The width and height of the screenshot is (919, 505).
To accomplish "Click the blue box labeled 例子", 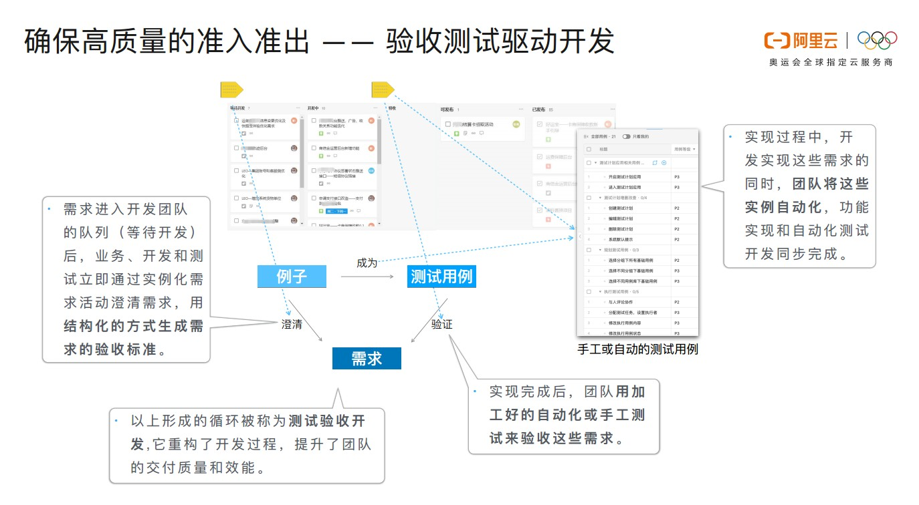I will (292, 277).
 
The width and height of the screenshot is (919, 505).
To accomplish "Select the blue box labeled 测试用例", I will (441, 277).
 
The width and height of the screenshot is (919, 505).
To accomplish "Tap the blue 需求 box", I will (367, 359).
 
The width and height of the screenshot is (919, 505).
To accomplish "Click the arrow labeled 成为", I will (367, 274).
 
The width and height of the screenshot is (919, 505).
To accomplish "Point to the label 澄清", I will (292, 324).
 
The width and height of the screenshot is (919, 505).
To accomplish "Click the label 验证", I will (441, 324).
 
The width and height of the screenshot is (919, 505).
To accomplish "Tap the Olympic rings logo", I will (877, 41).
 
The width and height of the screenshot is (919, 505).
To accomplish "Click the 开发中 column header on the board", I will (314, 108).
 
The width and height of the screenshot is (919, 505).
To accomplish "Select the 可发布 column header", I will (447, 109).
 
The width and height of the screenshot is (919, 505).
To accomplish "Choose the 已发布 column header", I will (538, 109).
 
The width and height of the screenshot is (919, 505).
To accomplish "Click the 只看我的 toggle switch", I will (627, 136).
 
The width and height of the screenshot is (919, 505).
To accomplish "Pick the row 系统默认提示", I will (619, 239).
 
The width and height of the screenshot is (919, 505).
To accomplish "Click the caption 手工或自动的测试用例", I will (637, 349).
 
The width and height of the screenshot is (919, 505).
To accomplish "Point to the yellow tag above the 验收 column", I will (382, 90).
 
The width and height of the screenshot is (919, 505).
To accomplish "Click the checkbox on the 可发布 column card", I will (447, 124).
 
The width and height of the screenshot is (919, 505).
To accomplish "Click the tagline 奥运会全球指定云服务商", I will (831, 62).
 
